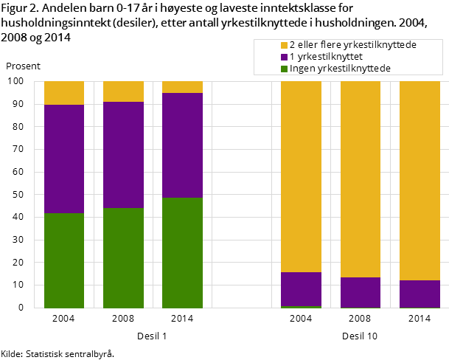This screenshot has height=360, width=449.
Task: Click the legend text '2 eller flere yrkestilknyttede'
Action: point(352,45)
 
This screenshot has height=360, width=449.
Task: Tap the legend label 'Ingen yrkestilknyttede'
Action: point(340,69)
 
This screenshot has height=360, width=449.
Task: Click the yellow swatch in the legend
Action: point(284,45)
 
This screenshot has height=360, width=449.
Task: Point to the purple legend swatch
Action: point(284,57)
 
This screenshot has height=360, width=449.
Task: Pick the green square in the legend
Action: point(284,69)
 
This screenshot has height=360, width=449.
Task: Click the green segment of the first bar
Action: point(64,260)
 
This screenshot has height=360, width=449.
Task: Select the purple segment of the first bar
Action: point(64,159)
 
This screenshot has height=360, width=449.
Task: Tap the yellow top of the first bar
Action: point(64,93)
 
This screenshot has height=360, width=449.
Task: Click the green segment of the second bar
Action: point(123,257)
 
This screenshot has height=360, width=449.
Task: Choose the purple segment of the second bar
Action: point(123,155)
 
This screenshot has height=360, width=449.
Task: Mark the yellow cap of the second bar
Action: point(123,91)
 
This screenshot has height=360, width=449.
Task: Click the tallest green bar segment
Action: point(182,252)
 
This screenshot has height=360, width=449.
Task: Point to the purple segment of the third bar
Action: point(182,145)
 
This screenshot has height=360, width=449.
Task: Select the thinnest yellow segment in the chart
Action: point(182,87)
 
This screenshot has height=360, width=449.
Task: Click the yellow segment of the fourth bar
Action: point(301,176)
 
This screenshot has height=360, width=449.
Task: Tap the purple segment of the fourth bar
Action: point(301,289)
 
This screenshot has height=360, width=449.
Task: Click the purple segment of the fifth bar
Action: point(360,292)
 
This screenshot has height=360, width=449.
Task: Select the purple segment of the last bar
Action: point(420,294)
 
